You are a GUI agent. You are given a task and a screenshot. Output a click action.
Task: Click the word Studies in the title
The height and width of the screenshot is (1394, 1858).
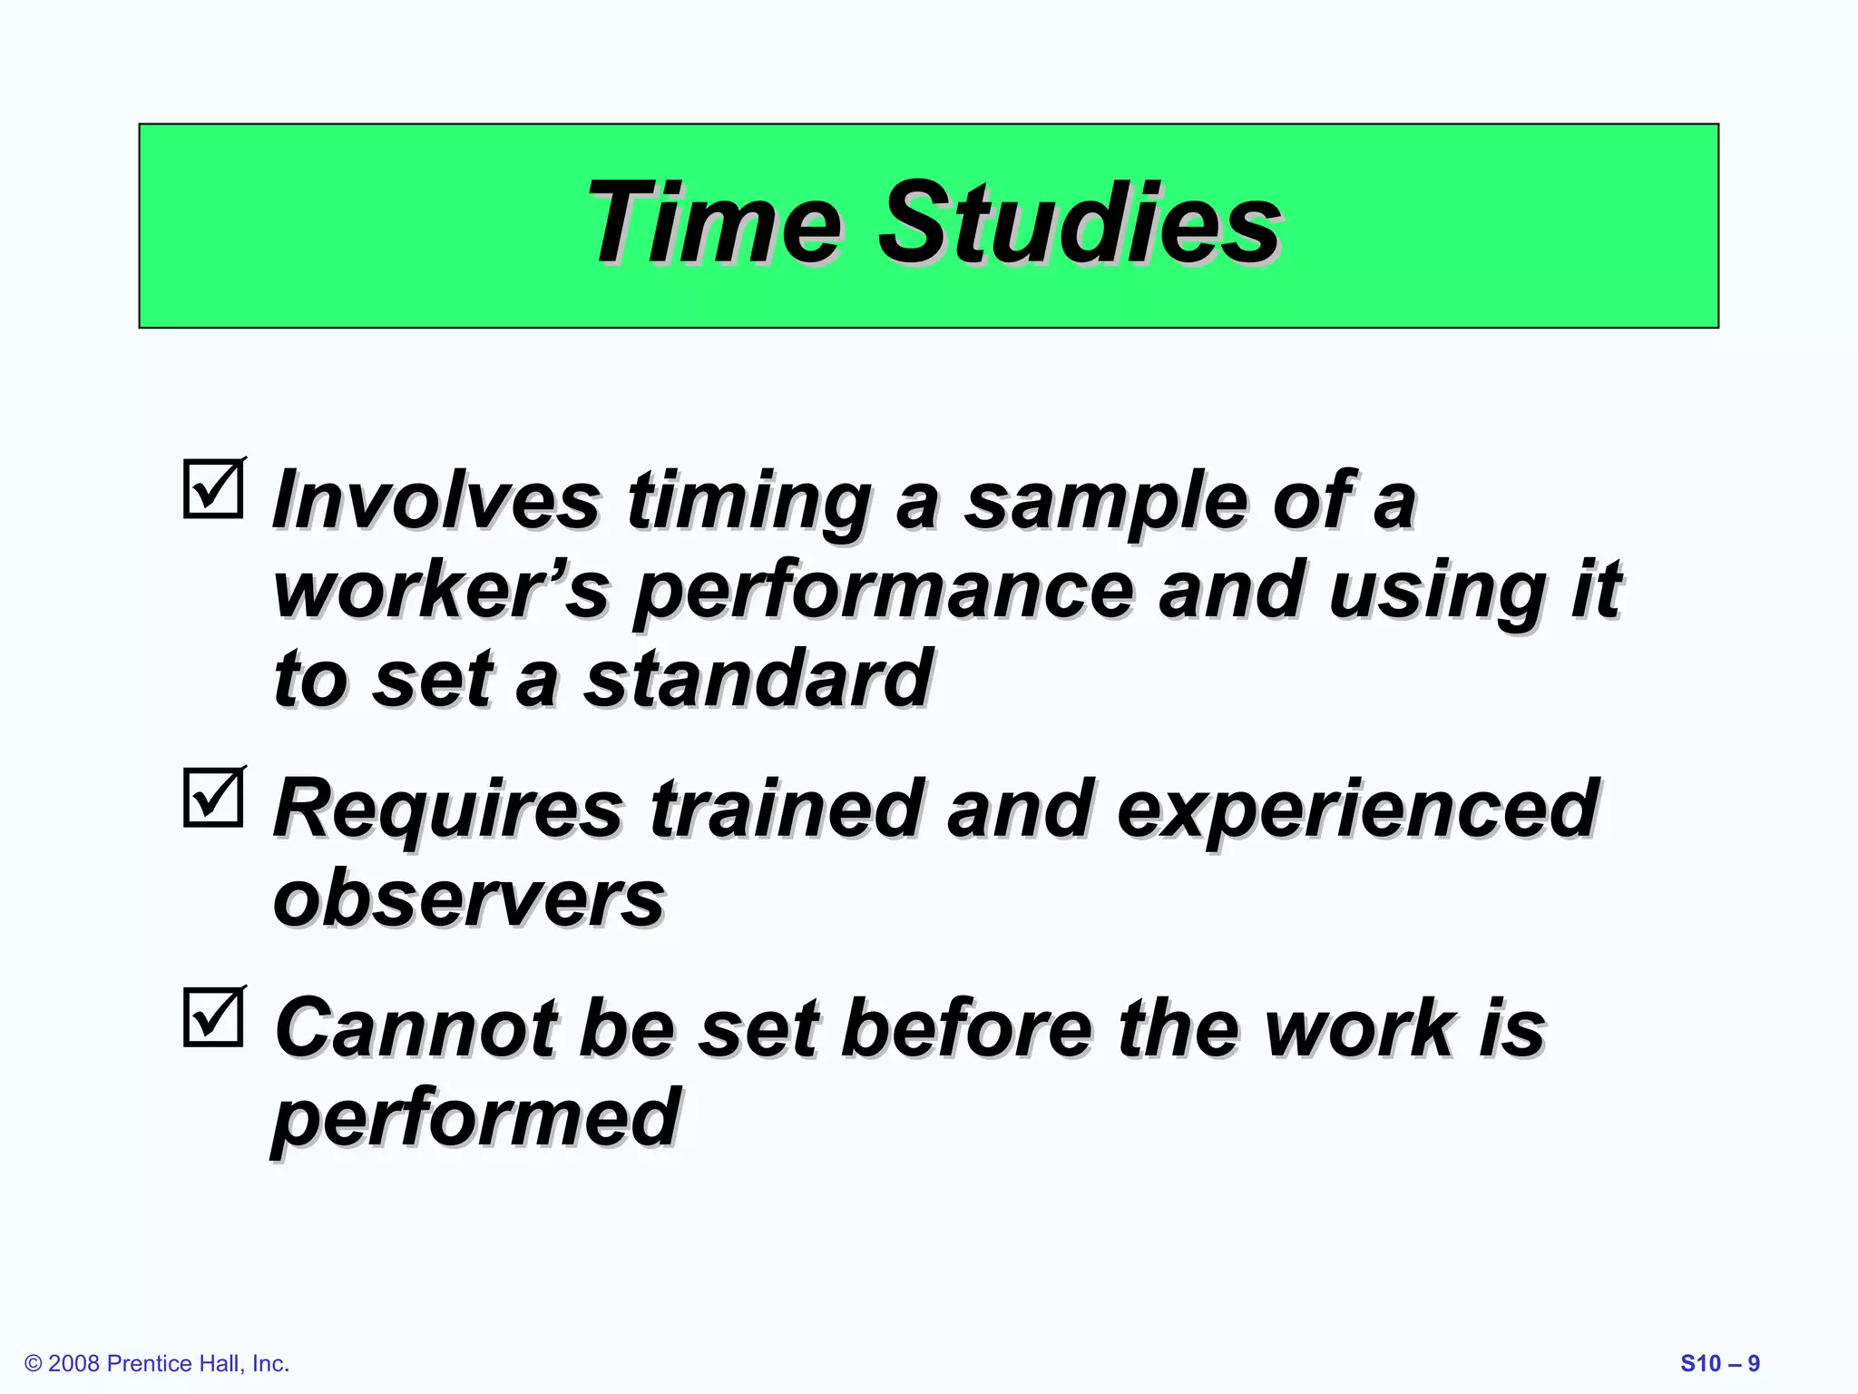(1079, 222)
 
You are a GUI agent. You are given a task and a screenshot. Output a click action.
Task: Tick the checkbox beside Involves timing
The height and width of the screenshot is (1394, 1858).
(213, 489)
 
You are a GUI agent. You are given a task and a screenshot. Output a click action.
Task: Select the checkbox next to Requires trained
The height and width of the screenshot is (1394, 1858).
(213, 798)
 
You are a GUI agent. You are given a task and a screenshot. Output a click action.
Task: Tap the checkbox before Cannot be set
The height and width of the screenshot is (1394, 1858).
(213, 1016)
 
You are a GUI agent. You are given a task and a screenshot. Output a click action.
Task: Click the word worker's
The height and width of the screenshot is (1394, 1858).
(440, 591)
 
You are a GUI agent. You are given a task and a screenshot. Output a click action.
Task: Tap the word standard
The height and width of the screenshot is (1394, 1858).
(758, 679)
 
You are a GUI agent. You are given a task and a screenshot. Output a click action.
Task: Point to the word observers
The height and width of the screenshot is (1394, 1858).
(469, 898)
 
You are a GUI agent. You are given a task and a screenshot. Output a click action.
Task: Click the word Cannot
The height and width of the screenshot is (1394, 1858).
(416, 1028)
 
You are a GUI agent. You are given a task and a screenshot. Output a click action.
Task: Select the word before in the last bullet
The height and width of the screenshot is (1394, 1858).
(966, 1028)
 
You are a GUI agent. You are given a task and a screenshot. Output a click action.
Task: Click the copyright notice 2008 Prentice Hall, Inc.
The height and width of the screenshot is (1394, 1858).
(157, 1363)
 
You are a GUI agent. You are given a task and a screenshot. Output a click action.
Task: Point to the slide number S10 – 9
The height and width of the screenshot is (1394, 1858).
(1719, 1363)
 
